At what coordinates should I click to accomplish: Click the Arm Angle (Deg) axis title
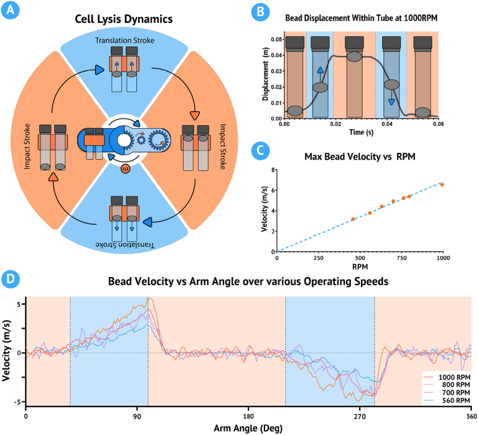coord(248,428)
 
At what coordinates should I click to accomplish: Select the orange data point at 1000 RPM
coord(442,185)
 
